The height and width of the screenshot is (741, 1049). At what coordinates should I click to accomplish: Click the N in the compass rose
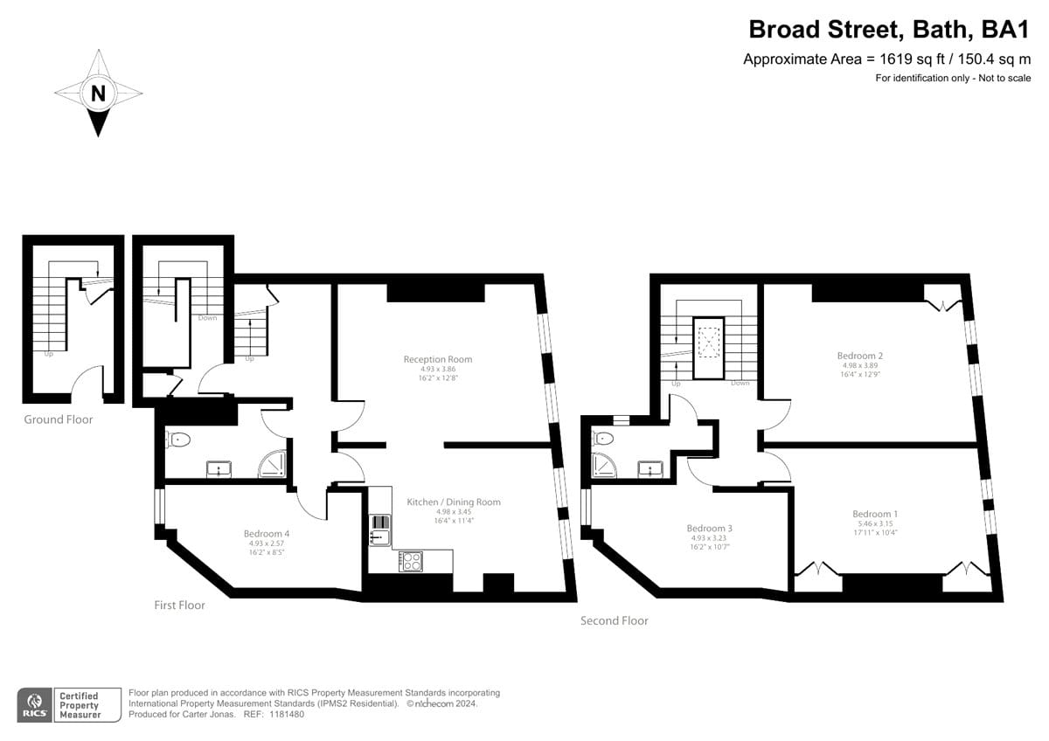pyautogui.click(x=98, y=93)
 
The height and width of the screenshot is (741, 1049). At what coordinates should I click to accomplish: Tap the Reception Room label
pyautogui.click(x=438, y=359)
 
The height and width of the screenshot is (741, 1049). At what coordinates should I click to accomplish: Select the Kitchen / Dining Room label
pyautogui.click(x=454, y=502)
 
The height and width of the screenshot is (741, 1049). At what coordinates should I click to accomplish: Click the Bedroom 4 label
pyautogui.click(x=267, y=534)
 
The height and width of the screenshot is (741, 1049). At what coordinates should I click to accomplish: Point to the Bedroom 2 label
pyautogui.click(x=860, y=356)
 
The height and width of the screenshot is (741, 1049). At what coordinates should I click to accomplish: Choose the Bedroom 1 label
pyautogui.click(x=875, y=514)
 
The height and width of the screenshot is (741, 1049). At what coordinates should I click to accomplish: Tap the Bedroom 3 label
pyautogui.click(x=710, y=529)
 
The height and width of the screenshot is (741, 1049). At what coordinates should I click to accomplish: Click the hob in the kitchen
pyautogui.click(x=411, y=562)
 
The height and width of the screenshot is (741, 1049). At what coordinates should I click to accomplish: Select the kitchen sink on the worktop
pyautogui.click(x=380, y=530)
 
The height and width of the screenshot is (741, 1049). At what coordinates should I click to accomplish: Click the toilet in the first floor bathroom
pyautogui.click(x=178, y=440)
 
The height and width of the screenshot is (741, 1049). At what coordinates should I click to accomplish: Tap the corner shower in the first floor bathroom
pyautogui.click(x=273, y=464)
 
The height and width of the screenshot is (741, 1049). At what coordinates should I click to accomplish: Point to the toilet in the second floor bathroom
pyautogui.click(x=603, y=439)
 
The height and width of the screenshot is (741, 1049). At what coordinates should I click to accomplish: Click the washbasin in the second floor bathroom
pyautogui.click(x=651, y=469)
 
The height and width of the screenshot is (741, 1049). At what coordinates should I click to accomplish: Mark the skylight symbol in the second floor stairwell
pyautogui.click(x=709, y=343)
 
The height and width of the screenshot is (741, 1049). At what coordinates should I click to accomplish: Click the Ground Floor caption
pyautogui.click(x=59, y=419)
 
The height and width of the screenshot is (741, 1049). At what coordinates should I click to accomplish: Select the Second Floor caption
pyautogui.click(x=615, y=620)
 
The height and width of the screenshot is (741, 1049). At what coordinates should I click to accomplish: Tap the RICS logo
pyautogui.click(x=35, y=705)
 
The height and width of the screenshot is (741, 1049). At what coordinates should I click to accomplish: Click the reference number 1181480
pyautogui.click(x=287, y=714)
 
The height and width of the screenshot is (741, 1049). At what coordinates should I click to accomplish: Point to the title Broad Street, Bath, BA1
pyautogui.click(x=889, y=30)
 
